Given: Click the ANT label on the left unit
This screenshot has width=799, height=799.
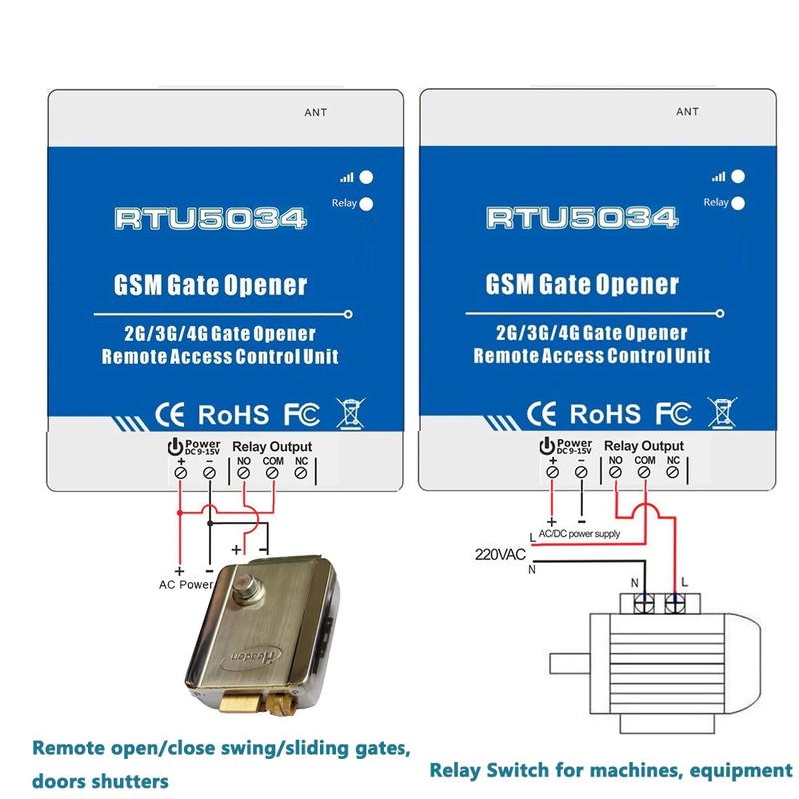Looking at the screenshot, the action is [x=315, y=112].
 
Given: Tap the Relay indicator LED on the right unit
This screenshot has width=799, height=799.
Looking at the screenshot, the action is [x=737, y=203].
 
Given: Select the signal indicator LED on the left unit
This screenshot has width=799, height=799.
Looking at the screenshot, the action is [x=366, y=177].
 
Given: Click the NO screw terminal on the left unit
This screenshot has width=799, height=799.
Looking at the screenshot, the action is [x=244, y=473].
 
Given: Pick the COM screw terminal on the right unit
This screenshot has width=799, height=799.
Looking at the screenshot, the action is [x=644, y=472].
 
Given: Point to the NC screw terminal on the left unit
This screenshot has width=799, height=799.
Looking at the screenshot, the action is [x=301, y=473].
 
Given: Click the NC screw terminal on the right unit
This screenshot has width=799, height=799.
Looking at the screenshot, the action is [x=672, y=472].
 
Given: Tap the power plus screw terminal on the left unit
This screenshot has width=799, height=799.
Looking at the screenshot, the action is [x=181, y=473].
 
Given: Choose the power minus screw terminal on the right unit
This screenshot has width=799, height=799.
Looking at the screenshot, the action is [x=581, y=472].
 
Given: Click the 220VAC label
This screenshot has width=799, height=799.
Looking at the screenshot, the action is [x=500, y=554].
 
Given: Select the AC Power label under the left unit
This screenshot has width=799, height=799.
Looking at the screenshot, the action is [x=186, y=585].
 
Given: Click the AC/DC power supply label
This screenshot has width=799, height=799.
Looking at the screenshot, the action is [x=579, y=534].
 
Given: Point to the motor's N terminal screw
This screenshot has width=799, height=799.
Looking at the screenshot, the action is [x=643, y=605].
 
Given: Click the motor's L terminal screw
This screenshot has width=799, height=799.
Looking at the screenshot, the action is [x=675, y=605].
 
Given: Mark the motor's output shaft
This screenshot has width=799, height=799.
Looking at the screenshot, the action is [x=569, y=663].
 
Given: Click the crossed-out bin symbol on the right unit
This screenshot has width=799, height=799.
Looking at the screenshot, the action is [x=722, y=412].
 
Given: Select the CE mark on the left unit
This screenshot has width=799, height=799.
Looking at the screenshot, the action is [x=170, y=415].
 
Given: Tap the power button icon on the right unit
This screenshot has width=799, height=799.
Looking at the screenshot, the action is [x=546, y=446].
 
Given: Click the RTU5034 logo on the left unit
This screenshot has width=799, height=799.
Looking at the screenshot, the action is [x=210, y=219].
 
